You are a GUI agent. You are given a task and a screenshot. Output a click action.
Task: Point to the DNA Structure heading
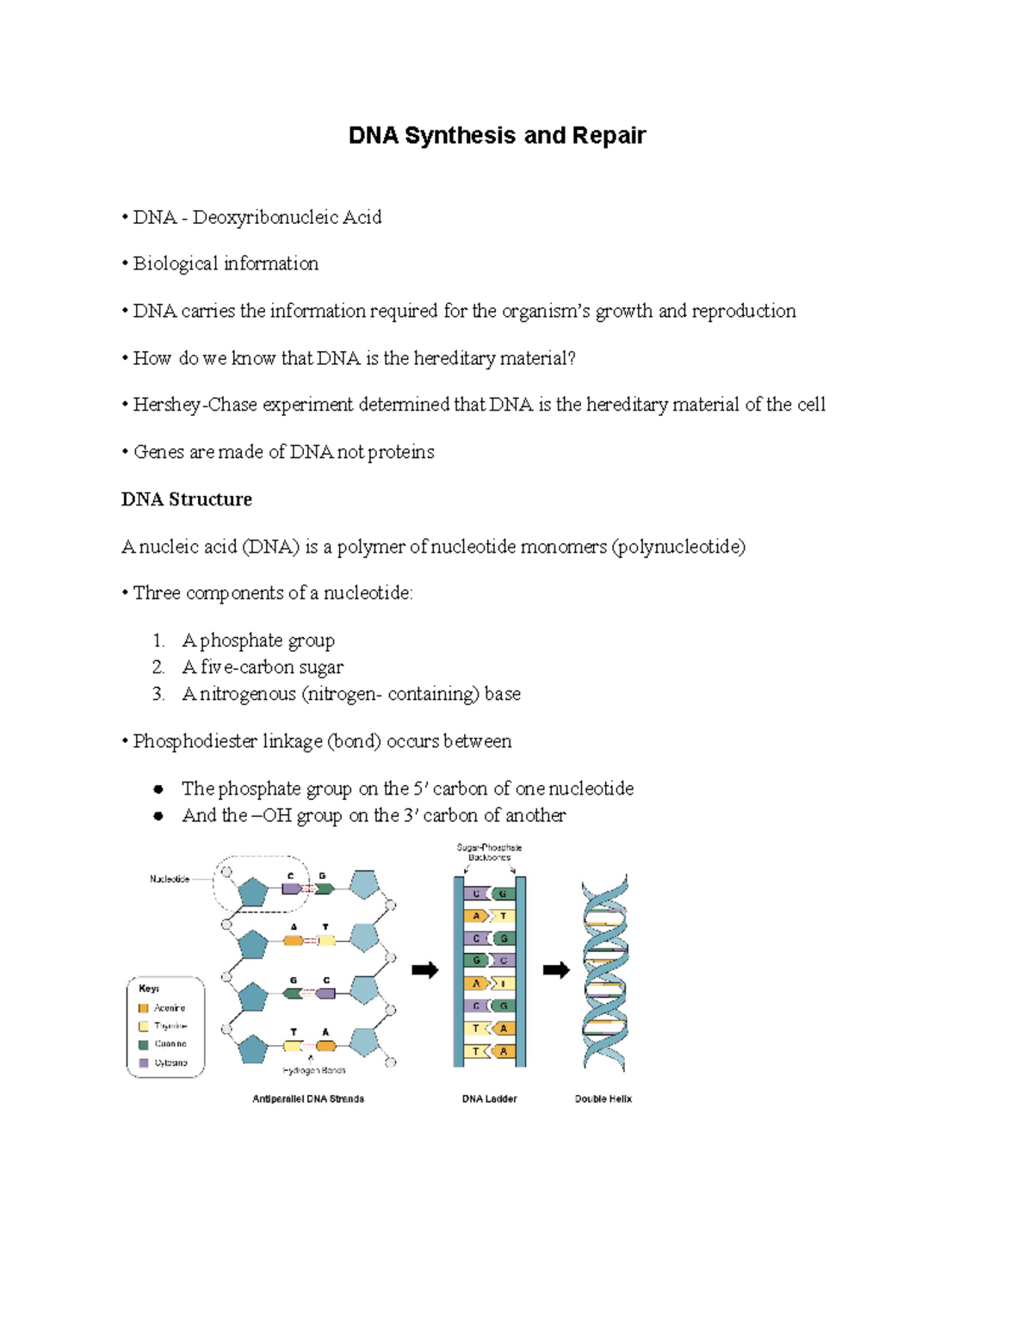point(187,499)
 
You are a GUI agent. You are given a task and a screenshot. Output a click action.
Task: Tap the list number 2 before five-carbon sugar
point(158,667)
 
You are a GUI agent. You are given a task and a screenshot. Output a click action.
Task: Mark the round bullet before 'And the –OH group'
point(158,816)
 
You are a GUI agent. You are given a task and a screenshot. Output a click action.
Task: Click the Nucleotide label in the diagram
point(170,879)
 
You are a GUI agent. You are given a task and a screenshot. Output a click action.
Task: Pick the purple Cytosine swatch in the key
point(144,1063)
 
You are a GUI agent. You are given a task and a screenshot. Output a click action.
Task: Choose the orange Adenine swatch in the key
point(144,1008)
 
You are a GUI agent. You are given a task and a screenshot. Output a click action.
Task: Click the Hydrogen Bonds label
point(314,1071)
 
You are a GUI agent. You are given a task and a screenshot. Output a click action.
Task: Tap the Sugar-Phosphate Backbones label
point(489,852)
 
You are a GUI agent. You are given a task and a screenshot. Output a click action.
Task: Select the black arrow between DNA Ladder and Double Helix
point(556,971)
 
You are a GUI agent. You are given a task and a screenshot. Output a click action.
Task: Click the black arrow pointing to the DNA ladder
point(425,971)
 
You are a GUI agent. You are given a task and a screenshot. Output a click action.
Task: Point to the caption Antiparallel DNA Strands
point(308,1099)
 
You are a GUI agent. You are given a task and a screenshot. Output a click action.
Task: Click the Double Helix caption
point(603,1099)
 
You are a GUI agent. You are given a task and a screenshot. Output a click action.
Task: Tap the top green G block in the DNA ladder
point(504,894)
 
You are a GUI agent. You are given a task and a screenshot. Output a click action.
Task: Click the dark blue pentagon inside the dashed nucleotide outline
point(252,892)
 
